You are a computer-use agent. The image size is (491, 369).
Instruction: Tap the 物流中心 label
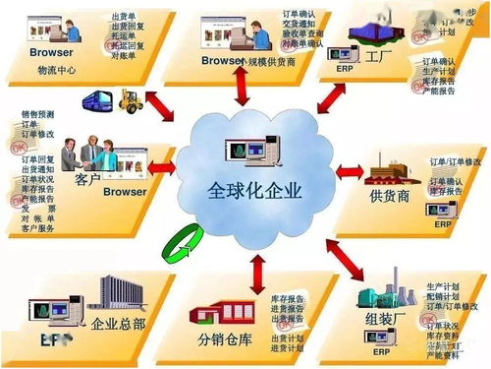pyautogui.click(x=58, y=71)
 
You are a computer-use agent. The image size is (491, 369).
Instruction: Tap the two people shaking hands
pyautogui.click(x=82, y=153)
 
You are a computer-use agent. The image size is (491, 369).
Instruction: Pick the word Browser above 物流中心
pyautogui.click(x=51, y=50)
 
